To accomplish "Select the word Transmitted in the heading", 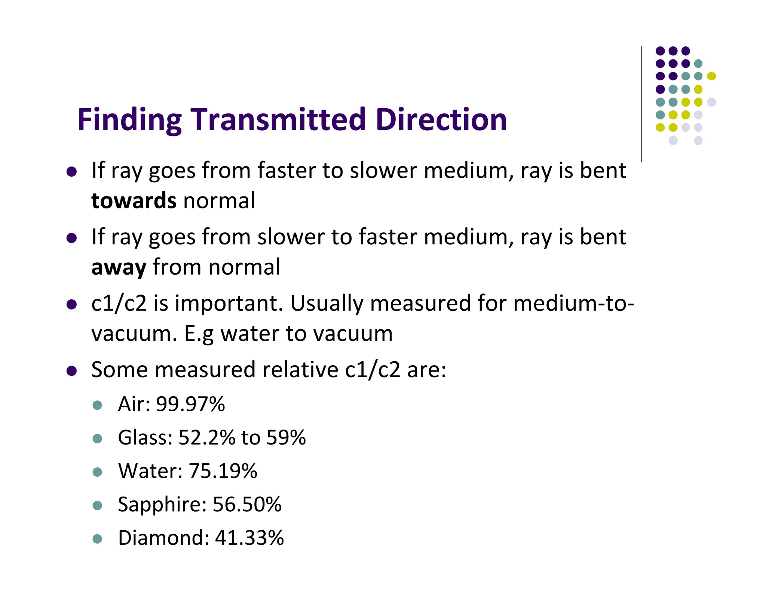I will pos(279,120).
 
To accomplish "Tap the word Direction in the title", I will pos(441,120).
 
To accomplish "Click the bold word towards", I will pos(134,201).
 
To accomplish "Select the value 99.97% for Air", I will pos(190,404).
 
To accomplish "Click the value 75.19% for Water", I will pos(223,471).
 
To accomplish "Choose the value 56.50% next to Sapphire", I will pos(247,504).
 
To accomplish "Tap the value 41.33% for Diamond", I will pos(249,538).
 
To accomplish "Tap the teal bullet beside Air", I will pos(97,405).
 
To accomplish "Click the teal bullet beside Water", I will pos(97,472).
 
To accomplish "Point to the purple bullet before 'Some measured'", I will pos(71,371).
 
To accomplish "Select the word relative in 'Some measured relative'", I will pos(300,370).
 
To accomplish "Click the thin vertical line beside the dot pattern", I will pos(641,105).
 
